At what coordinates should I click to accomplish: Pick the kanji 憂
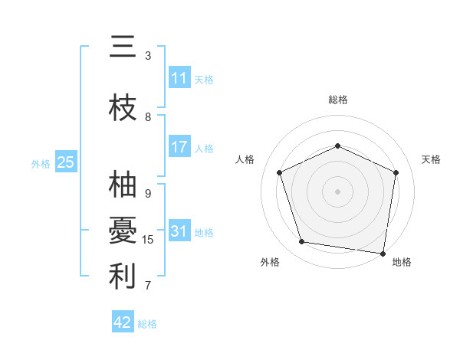click(x=123, y=231)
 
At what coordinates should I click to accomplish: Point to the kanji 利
click(x=123, y=276)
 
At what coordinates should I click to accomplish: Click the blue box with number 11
click(x=179, y=78)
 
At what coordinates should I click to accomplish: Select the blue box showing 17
click(x=179, y=147)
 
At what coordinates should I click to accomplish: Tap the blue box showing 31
click(x=179, y=231)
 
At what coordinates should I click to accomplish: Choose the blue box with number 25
click(x=65, y=162)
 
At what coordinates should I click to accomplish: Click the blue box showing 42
click(x=123, y=322)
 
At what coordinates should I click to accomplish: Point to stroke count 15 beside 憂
click(x=148, y=240)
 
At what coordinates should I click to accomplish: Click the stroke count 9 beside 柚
click(x=148, y=194)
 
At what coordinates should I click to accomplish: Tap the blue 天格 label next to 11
click(x=204, y=79)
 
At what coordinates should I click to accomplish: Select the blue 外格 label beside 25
click(x=41, y=163)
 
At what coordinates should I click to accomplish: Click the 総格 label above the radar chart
click(x=337, y=100)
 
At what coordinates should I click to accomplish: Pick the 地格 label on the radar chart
click(x=402, y=262)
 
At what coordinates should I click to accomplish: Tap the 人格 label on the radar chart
click(x=245, y=159)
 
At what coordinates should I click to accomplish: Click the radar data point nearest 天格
click(x=396, y=172)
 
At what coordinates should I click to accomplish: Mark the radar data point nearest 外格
click(x=302, y=242)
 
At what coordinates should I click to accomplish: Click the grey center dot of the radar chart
click(x=337, y=191)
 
